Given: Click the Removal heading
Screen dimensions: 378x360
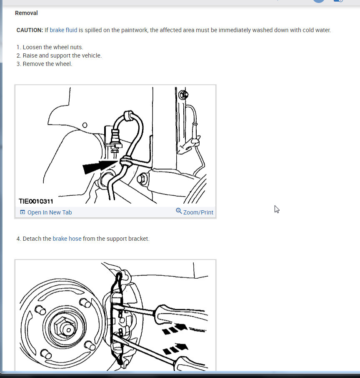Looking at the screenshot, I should coord(26,13).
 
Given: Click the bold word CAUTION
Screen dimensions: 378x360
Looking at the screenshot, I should coord(30,30).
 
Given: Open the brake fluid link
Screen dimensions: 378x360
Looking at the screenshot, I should coord(63,30).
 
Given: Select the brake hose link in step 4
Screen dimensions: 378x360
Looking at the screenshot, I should coord(67,239).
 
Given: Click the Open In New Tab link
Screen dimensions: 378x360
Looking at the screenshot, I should coord(49,212).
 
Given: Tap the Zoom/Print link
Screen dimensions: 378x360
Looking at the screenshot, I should coord(198,212).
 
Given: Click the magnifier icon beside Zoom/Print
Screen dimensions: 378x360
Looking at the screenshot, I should coord(179,211).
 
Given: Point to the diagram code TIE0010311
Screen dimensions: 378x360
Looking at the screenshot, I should coord(36,201).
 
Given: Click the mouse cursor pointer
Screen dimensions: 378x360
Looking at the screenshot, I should coord(276,209).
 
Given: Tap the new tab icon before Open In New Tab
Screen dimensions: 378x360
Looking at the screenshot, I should coord(22,212).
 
